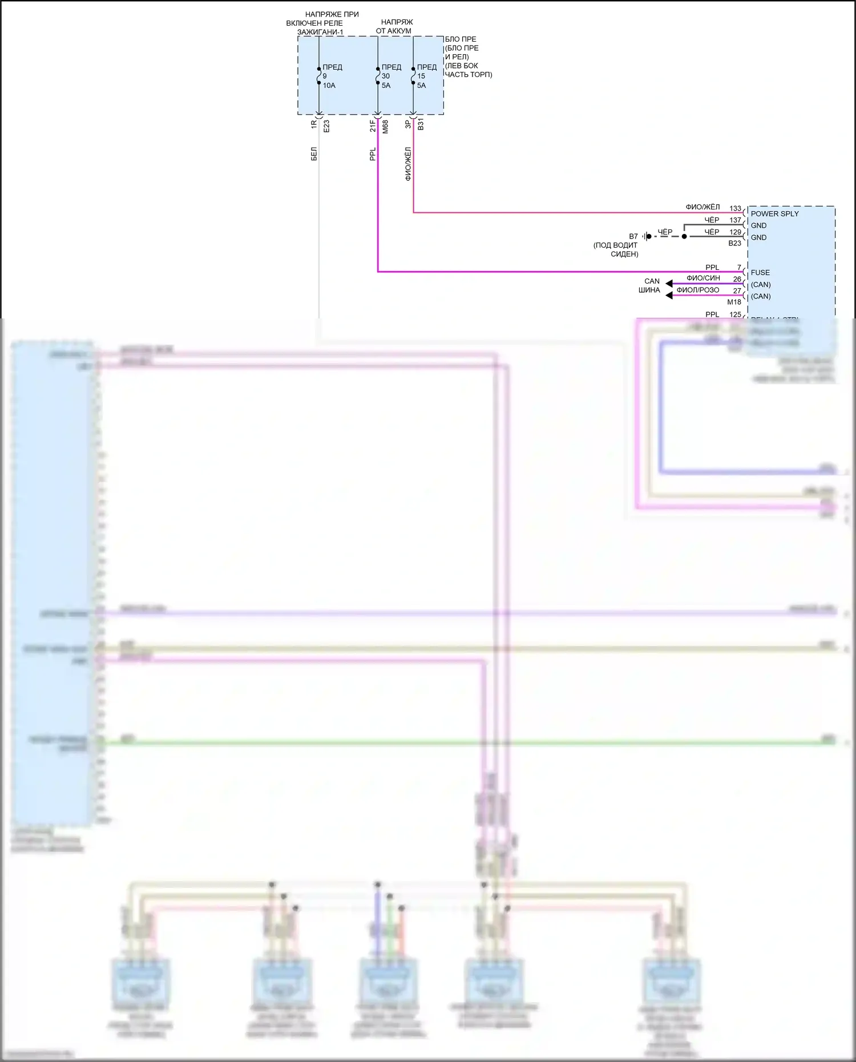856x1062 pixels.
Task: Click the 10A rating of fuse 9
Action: (329, 86)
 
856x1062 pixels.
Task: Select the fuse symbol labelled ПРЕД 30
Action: (378, 76)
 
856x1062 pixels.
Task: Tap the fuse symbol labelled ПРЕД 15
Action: (413, 76)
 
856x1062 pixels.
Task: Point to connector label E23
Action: (326, 126)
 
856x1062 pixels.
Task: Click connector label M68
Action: (385, 126)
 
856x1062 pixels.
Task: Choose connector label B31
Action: (421, 124)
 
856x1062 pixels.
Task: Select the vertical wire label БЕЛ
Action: (314, 154)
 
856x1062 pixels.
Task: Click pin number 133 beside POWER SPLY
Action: (735, 209)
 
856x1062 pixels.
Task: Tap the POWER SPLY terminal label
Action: (774, 213)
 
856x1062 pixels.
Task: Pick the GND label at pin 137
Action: (758, 225)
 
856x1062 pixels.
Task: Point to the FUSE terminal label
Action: (760, 273)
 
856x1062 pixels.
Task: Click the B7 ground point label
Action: (633, 236)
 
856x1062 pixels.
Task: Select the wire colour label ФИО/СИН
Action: (703, 278)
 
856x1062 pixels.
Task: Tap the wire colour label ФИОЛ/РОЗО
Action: (697, 290)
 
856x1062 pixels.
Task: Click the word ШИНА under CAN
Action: (649, 290)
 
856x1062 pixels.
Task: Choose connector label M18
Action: (734, 302)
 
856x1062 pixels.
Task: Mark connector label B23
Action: (734, 243)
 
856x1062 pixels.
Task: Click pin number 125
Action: (735, 314)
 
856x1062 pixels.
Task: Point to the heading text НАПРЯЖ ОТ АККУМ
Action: (394, 27)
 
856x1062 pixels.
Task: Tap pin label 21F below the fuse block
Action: (373, 126)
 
